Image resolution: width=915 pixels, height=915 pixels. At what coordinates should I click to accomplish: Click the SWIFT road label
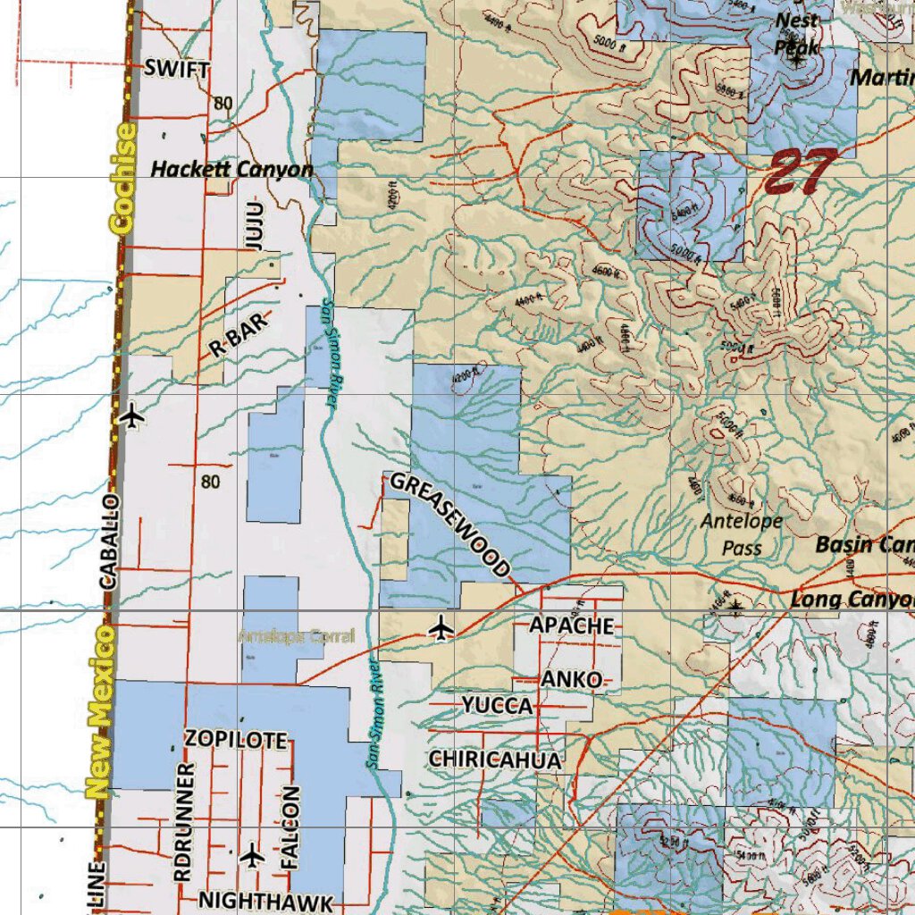click(x=177, y=69)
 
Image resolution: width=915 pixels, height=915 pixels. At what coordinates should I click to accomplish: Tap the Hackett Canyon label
click(x=231, y=169)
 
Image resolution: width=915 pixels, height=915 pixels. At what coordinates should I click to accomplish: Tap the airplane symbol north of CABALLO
click(x=132, y=416)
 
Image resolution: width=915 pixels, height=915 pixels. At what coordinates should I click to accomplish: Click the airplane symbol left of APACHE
click(x=441, y=628)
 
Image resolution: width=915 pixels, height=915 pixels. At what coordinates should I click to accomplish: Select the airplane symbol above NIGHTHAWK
click(x=253, y=855)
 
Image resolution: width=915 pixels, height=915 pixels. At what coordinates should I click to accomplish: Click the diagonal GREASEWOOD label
click(x=450, y=525)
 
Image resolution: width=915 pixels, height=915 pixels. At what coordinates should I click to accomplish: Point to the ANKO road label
click(x=571, y=680)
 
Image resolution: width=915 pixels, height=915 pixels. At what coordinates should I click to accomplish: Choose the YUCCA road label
click(x=497, y=706)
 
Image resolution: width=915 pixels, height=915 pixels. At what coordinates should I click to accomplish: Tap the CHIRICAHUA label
click(x=495, y=760)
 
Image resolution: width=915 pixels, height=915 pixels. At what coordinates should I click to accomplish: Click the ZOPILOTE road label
click(x=236, y=740)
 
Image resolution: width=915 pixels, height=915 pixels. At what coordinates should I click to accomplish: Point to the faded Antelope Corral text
click(x=297, y=636)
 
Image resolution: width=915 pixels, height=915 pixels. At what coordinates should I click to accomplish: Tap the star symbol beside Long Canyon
click(x=735, y=608)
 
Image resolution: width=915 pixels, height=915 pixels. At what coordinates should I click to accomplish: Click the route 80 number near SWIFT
click(x=222, y=104)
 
